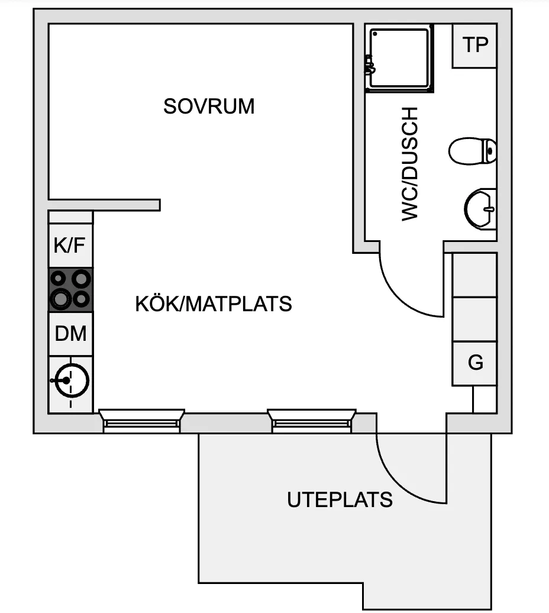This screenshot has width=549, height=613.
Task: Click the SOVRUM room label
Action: pos(209,107)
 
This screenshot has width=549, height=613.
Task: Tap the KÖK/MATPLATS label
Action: pos(214,304)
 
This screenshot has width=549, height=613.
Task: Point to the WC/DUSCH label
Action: pos(410,164)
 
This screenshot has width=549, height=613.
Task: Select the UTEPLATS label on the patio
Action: pos(340,499)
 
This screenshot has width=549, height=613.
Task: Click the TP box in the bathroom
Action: pos(474,46)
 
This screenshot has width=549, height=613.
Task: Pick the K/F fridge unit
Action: pos(70,246)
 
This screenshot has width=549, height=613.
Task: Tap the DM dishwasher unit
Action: pos(70,334)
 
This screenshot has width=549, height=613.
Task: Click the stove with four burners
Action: pos(70,290)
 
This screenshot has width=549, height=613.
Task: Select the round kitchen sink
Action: pos(72,380)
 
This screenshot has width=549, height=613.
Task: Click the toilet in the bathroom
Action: pos(473,151)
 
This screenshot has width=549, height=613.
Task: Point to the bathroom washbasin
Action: pos(480,209)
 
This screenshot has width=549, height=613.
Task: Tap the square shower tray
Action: pos(399,58)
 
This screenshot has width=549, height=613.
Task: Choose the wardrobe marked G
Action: pos(474,363)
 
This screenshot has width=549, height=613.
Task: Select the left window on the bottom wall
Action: pos(141,421)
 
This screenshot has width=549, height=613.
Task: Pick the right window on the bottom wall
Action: pos(311,421)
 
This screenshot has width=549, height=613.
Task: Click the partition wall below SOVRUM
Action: pos(104,205)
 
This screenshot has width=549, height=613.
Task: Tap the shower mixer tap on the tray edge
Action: pos(369,65)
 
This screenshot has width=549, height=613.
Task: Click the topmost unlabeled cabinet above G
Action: pos(474,275)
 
